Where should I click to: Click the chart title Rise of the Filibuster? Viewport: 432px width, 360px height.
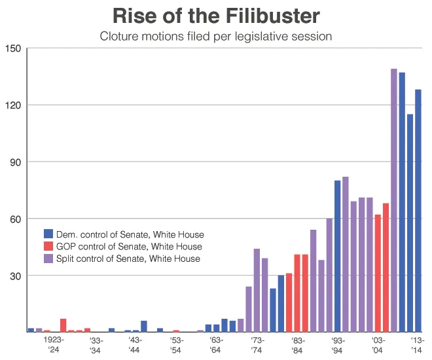[x=216, y=16]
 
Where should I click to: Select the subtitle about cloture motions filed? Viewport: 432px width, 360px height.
[x=216, y=37]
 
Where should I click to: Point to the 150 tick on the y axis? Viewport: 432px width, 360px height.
[x=13, y=49]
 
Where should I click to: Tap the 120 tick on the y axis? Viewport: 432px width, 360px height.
[x=13, y=105]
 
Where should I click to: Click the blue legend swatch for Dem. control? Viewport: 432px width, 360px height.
[x=48, y=234]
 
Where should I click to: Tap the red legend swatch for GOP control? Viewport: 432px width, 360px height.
[x=48, y=247]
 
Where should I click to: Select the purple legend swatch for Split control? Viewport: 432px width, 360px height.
[x=48, y=259]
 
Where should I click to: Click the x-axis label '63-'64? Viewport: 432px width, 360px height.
[x=216, y=345]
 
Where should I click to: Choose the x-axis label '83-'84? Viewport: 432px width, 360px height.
[x=297, y=345]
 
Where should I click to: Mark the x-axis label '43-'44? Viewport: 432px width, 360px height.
[x=135, y=345]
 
